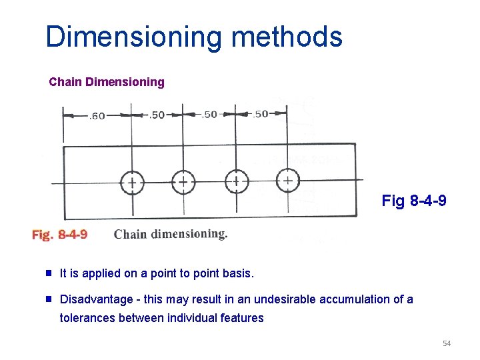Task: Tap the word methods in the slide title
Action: coord(287,37)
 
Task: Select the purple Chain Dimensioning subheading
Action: coord(107,82)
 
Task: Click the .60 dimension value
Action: coord(97,116)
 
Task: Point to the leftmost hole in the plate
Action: coord(132,182)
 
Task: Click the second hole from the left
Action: coord(183,181)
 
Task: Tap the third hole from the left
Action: coord(236,181)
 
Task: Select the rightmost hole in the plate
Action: coord(287,179)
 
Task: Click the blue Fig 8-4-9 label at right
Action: coord(414,201)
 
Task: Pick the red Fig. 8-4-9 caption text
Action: coord(59,234)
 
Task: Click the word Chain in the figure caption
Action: coord(130,234)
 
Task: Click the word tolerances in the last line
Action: coord(87,318)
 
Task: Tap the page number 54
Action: coord(446,343)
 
